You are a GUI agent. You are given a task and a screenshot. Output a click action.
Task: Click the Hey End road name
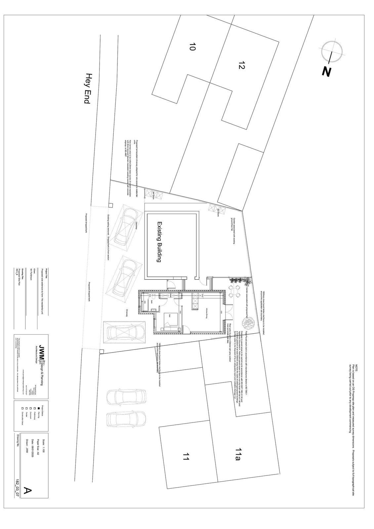pyautogui.click(x=87, y=89)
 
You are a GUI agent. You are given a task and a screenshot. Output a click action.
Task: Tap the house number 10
pyautogui.click(x=192, y=47)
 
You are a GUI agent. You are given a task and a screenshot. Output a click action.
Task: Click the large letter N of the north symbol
pyautogui.click(x=327, y=72)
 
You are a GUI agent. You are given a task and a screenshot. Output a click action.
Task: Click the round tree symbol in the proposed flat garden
pyautogui.click(x=247, y=322)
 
